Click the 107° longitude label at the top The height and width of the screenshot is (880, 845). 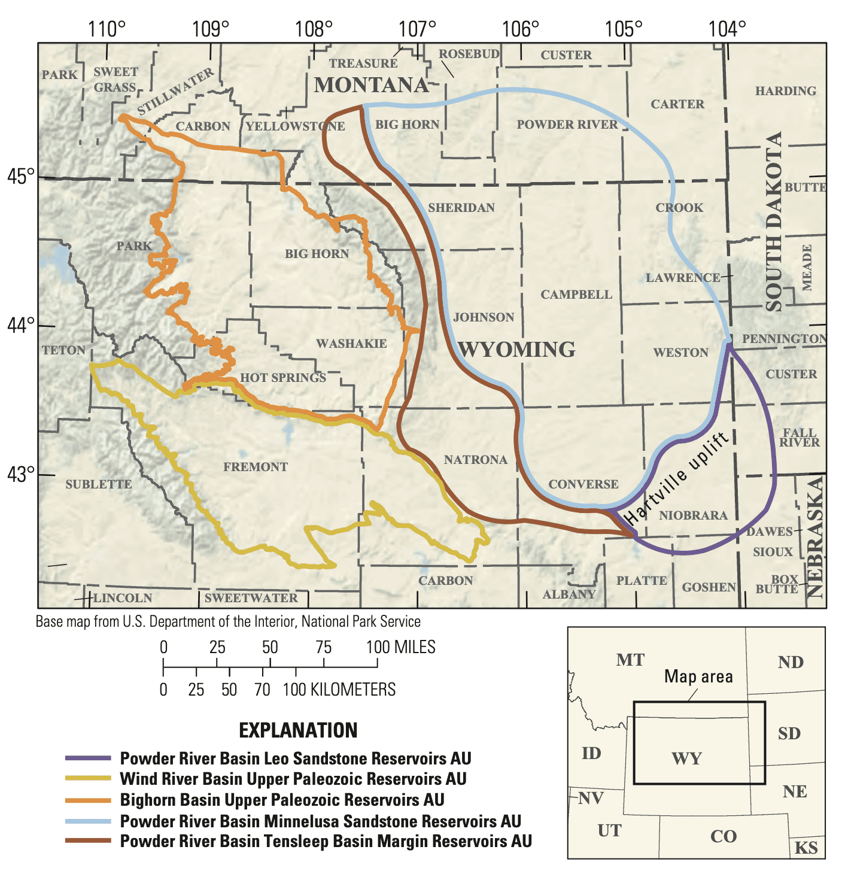(x=417, y=29)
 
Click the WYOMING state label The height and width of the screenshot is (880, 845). (x=516, y=349)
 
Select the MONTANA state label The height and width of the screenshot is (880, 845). (x=372, y=85)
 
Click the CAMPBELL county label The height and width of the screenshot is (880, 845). (x=576, y=295)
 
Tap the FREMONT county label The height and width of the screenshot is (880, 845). (x=256, y=467)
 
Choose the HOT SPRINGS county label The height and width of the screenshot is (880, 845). (x=283, y=378)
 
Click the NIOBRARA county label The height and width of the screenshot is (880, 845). (x=693, y=515)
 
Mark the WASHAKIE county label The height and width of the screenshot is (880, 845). (x=351, y=344)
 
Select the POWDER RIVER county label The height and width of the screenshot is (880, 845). (x=567, y=125)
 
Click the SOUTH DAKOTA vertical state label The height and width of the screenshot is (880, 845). (x=774, y=221)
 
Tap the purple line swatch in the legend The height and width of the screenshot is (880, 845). (x=88, y=758)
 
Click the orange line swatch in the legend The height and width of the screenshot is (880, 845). (x=88, y=800)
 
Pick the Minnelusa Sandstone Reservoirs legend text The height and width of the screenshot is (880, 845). (x=320, y=821)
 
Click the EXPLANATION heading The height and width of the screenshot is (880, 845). (x=298, y=730)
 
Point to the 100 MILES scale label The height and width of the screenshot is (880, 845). (x=401, y=647)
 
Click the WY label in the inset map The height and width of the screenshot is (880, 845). (x=686, y=758)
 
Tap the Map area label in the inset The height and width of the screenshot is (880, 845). (x=698, y=676)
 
